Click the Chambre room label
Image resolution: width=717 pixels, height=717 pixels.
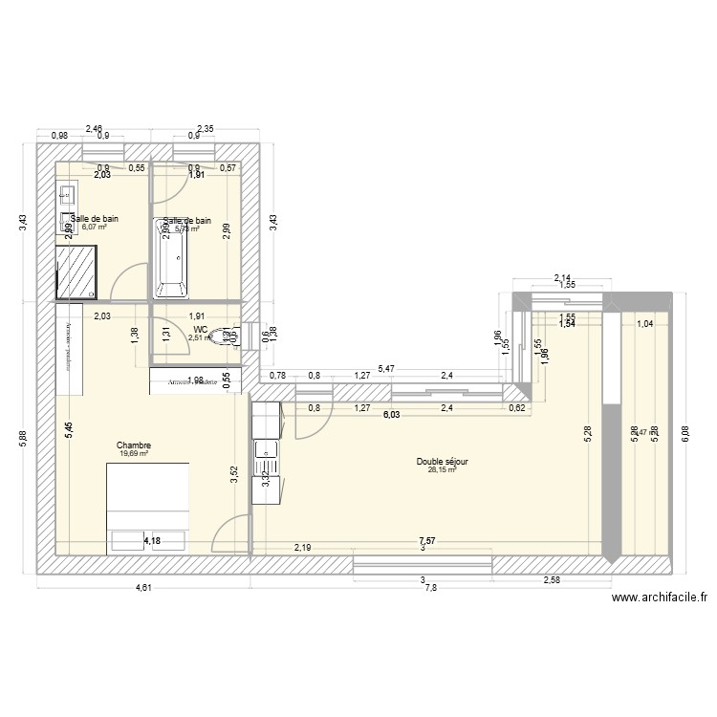click(x=134, y=445)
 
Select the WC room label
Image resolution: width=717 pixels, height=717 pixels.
click(x=199, y=328)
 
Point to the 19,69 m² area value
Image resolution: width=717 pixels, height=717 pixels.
click(x=134, y=453)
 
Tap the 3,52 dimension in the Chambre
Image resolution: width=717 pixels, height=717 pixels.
click(x=235, y=475)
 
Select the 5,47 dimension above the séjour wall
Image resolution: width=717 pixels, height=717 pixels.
click(x=384, y=367)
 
